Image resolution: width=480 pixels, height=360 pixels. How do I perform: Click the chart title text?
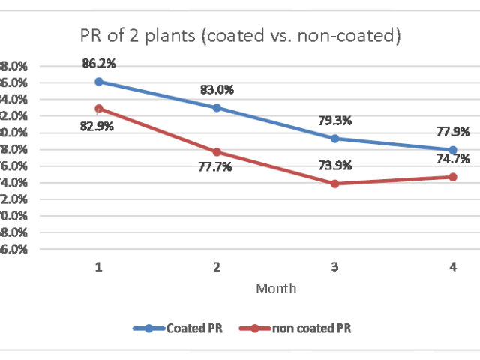tap(240, 36)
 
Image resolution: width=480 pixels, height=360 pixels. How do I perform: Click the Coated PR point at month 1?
tap(98, 81)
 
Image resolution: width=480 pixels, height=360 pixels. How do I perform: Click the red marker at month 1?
tap(98, 108)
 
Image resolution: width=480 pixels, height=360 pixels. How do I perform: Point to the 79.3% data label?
tap(335, 121)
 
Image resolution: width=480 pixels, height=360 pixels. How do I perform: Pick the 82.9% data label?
tap(97, 126)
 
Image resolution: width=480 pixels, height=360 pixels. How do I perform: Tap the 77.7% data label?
tap(215, 167)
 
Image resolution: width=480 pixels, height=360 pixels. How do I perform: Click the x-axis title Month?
tap(275, 288)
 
